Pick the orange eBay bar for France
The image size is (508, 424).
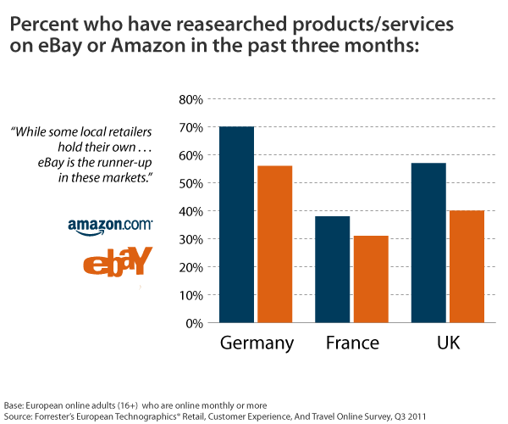pos(370,279)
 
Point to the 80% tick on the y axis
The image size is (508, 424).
pos(190,99)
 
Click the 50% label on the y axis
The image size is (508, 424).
pos(190,183)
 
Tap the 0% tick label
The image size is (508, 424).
pos(194,323)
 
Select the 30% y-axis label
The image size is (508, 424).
pos(190,239)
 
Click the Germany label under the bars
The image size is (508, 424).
pos(257,343)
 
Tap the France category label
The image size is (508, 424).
pos(352,343)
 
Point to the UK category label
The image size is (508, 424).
pos(448,343)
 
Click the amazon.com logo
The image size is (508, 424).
pos(110,226)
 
